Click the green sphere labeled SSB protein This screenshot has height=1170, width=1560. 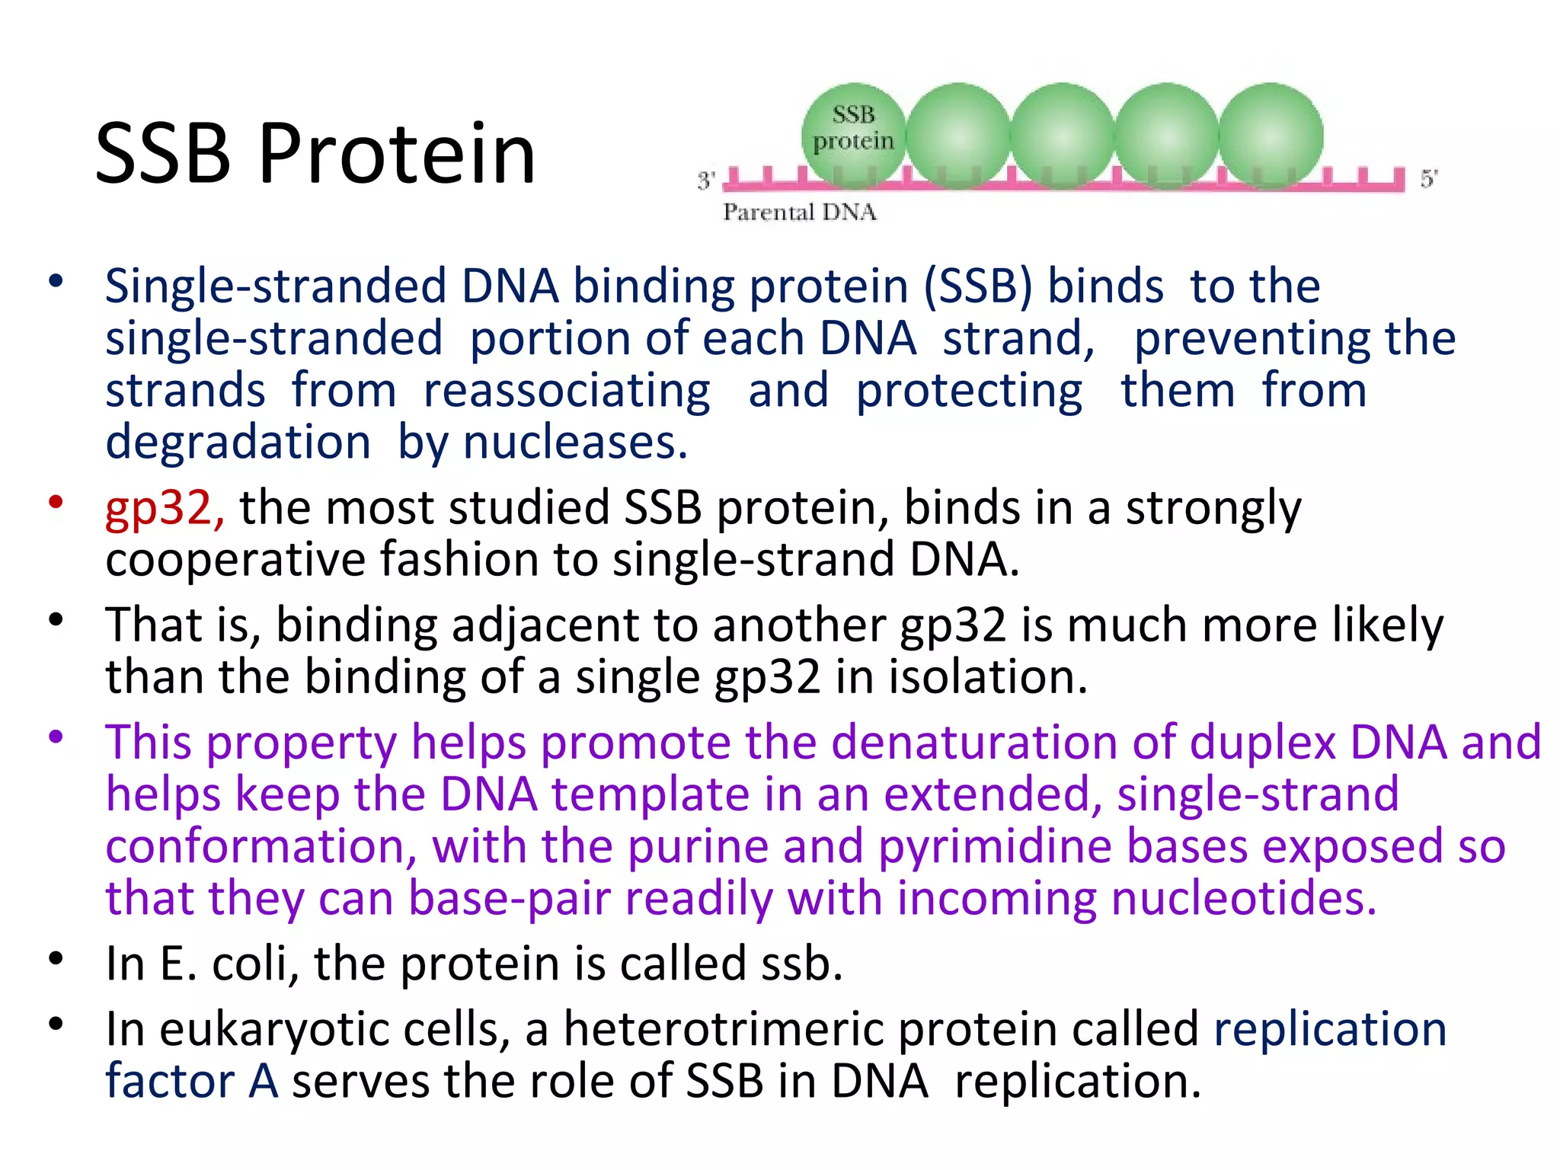coord(853,134)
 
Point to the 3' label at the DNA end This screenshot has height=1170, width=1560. coord(705,181)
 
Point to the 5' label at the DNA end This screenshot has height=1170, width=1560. coord(1428,179)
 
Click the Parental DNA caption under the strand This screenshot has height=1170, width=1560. coord(799,212)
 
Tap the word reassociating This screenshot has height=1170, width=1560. coord(567,391)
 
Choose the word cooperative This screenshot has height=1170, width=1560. coord(235,560)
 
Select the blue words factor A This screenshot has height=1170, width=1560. coord(191,1082)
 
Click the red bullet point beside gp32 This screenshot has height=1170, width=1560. coord(55,502)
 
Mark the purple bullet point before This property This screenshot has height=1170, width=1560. coord(55,737)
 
